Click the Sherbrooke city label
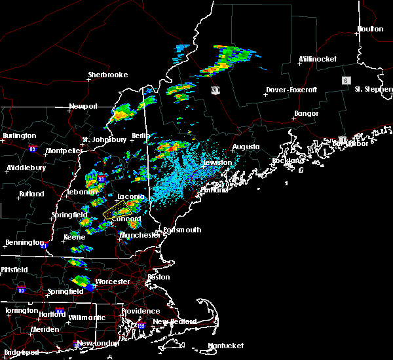(108, 75)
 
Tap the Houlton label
(370, 29)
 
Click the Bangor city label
(306, 114)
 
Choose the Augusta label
(246, 147)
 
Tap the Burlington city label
(20, 136)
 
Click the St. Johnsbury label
(104, 139)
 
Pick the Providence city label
(140, 312)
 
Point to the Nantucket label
(225, 346)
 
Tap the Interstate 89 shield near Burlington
(32, 149)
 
